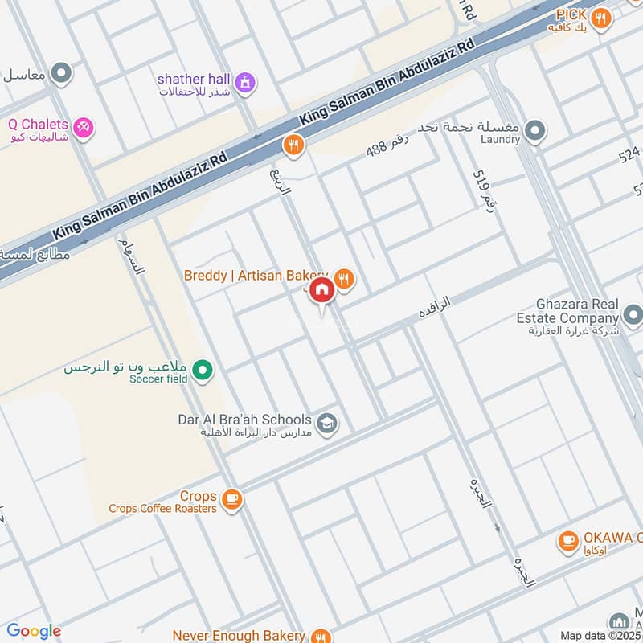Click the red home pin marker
321,290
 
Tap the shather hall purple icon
245,80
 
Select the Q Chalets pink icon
83,127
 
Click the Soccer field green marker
203,370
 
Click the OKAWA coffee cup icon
569,542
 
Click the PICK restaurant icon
600,17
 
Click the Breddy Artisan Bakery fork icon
344,278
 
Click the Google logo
34,631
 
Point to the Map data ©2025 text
600,635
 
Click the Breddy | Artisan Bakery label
256,275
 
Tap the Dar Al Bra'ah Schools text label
244,420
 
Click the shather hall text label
193,79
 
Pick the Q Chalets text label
38,125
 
